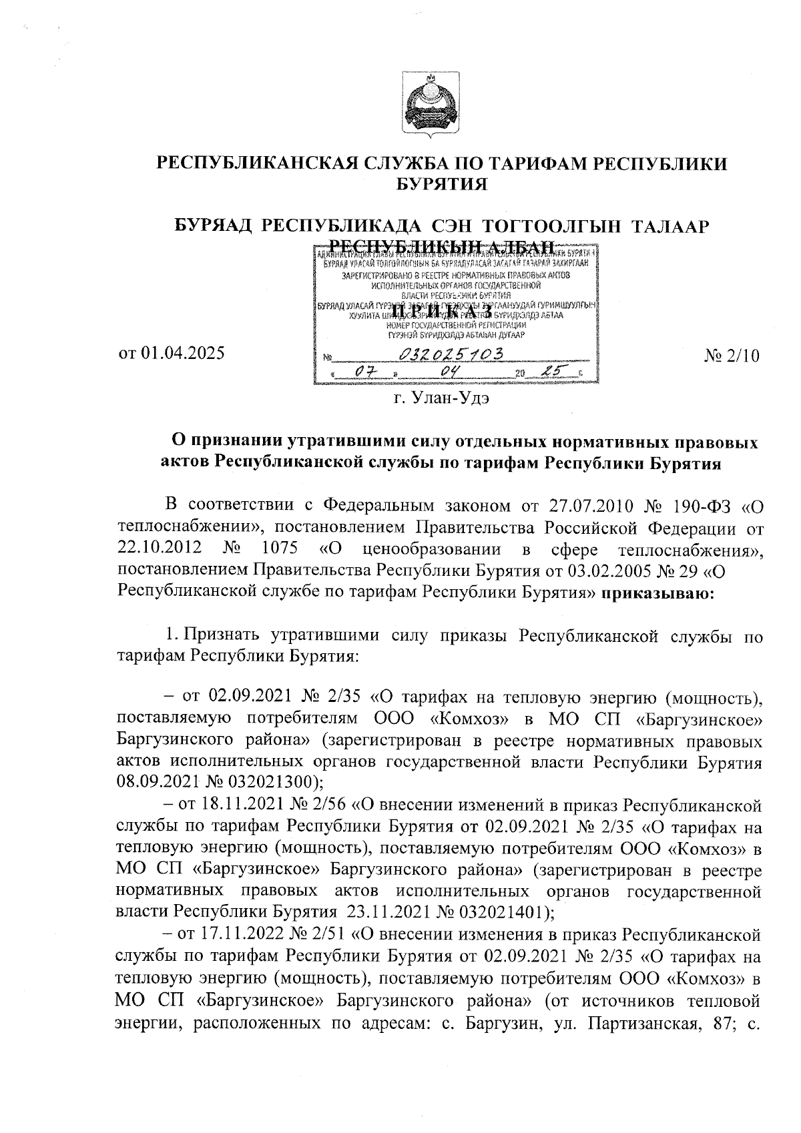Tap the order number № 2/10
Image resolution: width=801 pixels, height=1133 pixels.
pos(732,356)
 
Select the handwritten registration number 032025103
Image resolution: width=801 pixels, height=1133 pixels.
pos(448,354)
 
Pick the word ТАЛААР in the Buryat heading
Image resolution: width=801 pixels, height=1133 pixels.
pos(668,226)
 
